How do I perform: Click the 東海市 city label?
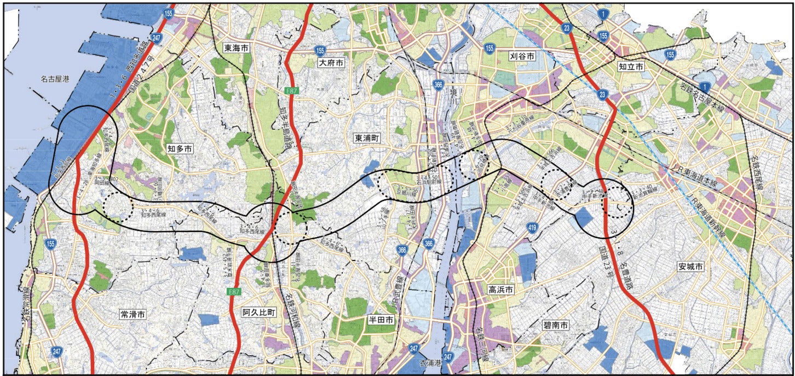pyautogui.click(x=237, y=48)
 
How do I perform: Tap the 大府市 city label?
pyautogui.click(x=332, y=63)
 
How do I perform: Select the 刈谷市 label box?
pyautogui.click(x=522, y=56)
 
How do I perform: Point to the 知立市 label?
pyautogui.click(x=631, y=66)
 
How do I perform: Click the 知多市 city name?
pyautogui.click(x=180, y=148)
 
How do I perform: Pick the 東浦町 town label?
pyautogui.click(x=366, y=139)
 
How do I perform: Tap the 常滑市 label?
pyautogui.click(x=132, y=314)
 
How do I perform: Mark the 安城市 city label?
pyautogui.click(x=690, y=267)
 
